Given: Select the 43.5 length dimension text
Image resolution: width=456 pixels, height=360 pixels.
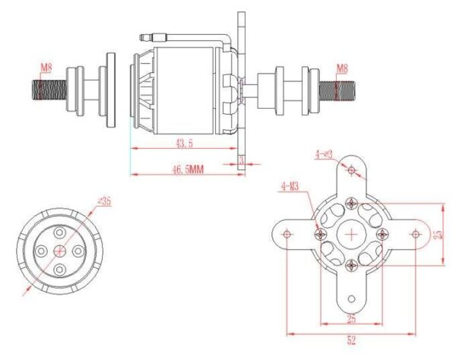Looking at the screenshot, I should pos(183,142).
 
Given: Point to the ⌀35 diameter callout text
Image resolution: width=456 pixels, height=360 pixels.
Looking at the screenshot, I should pos(104,201).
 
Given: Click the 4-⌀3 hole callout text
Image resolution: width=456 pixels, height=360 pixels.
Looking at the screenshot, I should pos(324,154).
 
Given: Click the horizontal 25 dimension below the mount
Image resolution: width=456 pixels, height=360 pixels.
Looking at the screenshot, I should pos(350,318).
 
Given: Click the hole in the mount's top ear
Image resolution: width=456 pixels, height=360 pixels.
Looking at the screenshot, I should pos(351,171).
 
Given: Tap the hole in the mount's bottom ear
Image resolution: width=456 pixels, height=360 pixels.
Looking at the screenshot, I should pos(351,298).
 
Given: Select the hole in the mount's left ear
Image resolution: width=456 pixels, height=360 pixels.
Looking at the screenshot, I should pos(287,235).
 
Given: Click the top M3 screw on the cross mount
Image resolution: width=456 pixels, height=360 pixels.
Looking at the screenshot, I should pos(351,203).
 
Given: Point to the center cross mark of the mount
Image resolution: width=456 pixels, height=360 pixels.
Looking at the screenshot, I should pos(351,235).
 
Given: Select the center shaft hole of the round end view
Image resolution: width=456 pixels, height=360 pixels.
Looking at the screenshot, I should pos(60,250).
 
